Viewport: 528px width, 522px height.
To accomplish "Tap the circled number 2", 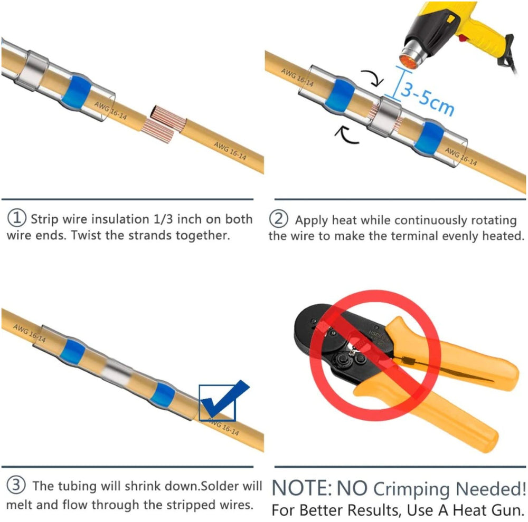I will point(278,218).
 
